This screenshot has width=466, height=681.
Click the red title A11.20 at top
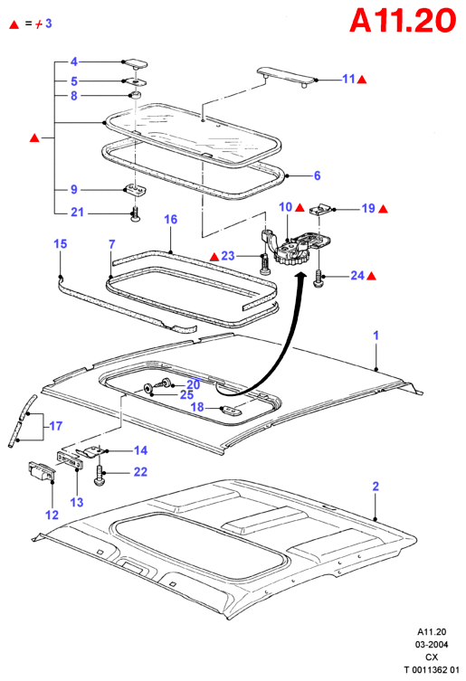[x=403, y=20]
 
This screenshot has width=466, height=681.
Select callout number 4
[x=74, y=61]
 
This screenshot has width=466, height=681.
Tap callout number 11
[x=348, y=79]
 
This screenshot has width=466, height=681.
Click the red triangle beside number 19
[x=383, y=209]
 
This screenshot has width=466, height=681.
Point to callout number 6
[x=317, y=175]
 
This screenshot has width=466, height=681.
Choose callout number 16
[x=170, y=220]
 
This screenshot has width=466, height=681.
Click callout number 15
[x=60, y=243]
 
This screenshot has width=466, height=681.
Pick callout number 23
[x=228, y=255]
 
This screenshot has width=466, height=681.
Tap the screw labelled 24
[x=319, y=279]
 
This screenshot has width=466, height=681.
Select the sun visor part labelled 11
[x=286, y=77]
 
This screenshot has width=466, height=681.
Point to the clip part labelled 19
[x=321, y=210]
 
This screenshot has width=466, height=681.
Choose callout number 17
[x=55, y=426]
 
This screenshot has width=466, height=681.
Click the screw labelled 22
[x=100, y=476]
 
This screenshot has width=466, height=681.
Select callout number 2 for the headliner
[x=376, y=487]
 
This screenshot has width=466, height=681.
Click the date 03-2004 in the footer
[x=432, y=645]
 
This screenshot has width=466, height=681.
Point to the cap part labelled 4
[x=134, y=63]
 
